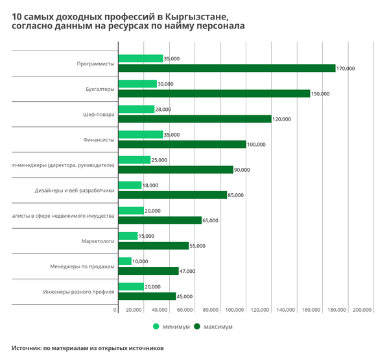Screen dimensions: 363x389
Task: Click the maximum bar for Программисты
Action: tap(226, 68)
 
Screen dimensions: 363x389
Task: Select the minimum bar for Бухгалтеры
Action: tap(137, 84)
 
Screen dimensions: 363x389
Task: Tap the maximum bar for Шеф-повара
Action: tap(194, 119)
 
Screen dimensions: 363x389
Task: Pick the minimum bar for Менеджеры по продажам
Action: tap(124, 261)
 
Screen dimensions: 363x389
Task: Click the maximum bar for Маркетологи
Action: tap(153, 246)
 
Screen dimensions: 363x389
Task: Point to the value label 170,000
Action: tap(346, 68)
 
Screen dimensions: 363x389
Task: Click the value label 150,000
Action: tap(320, 93)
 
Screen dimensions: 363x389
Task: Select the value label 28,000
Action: tap(163, 110)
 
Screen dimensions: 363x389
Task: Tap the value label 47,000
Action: tap(187, 271)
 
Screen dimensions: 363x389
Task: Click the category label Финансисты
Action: tap(99, 139)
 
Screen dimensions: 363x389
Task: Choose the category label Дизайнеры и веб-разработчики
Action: tap(75, 191)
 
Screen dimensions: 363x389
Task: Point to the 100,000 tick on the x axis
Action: tap(235, 310)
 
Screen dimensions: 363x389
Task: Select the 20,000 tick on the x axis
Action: tap(134, 310)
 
